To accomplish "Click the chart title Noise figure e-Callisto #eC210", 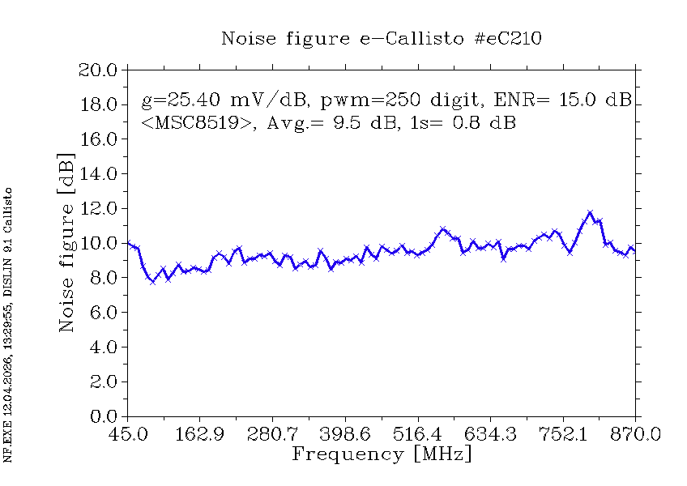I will [x=382, y=38].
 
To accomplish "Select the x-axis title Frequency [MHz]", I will [x=381, y=454].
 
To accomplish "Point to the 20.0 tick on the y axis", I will [x=98, y=70].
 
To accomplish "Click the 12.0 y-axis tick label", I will [x=98, y=209].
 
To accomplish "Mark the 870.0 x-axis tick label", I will [x=636, y=434].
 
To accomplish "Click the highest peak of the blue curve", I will [x=590, y=212].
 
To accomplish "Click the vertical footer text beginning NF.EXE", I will [x=9, y=324].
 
